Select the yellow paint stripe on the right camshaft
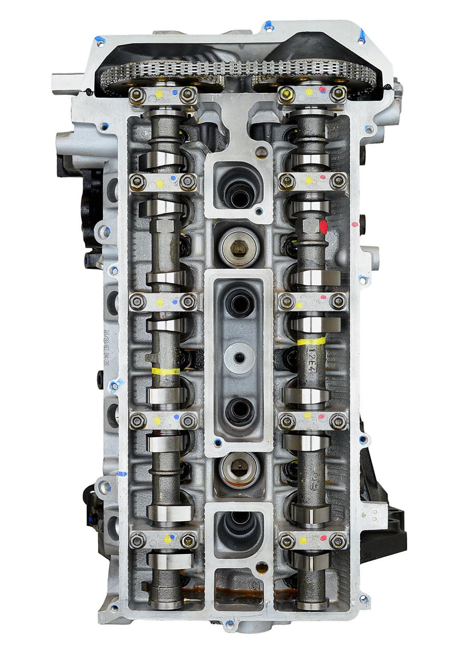click(x=311, y=341)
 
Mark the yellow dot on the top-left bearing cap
click(x=160, y=92)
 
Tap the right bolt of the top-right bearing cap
click(x=339, y=93)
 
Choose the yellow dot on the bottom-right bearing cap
click(x=303, y=540)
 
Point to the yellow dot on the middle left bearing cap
click(x=159, y=302)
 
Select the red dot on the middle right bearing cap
click(x=323, y=297)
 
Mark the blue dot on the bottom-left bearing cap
click(x=173, y=536)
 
